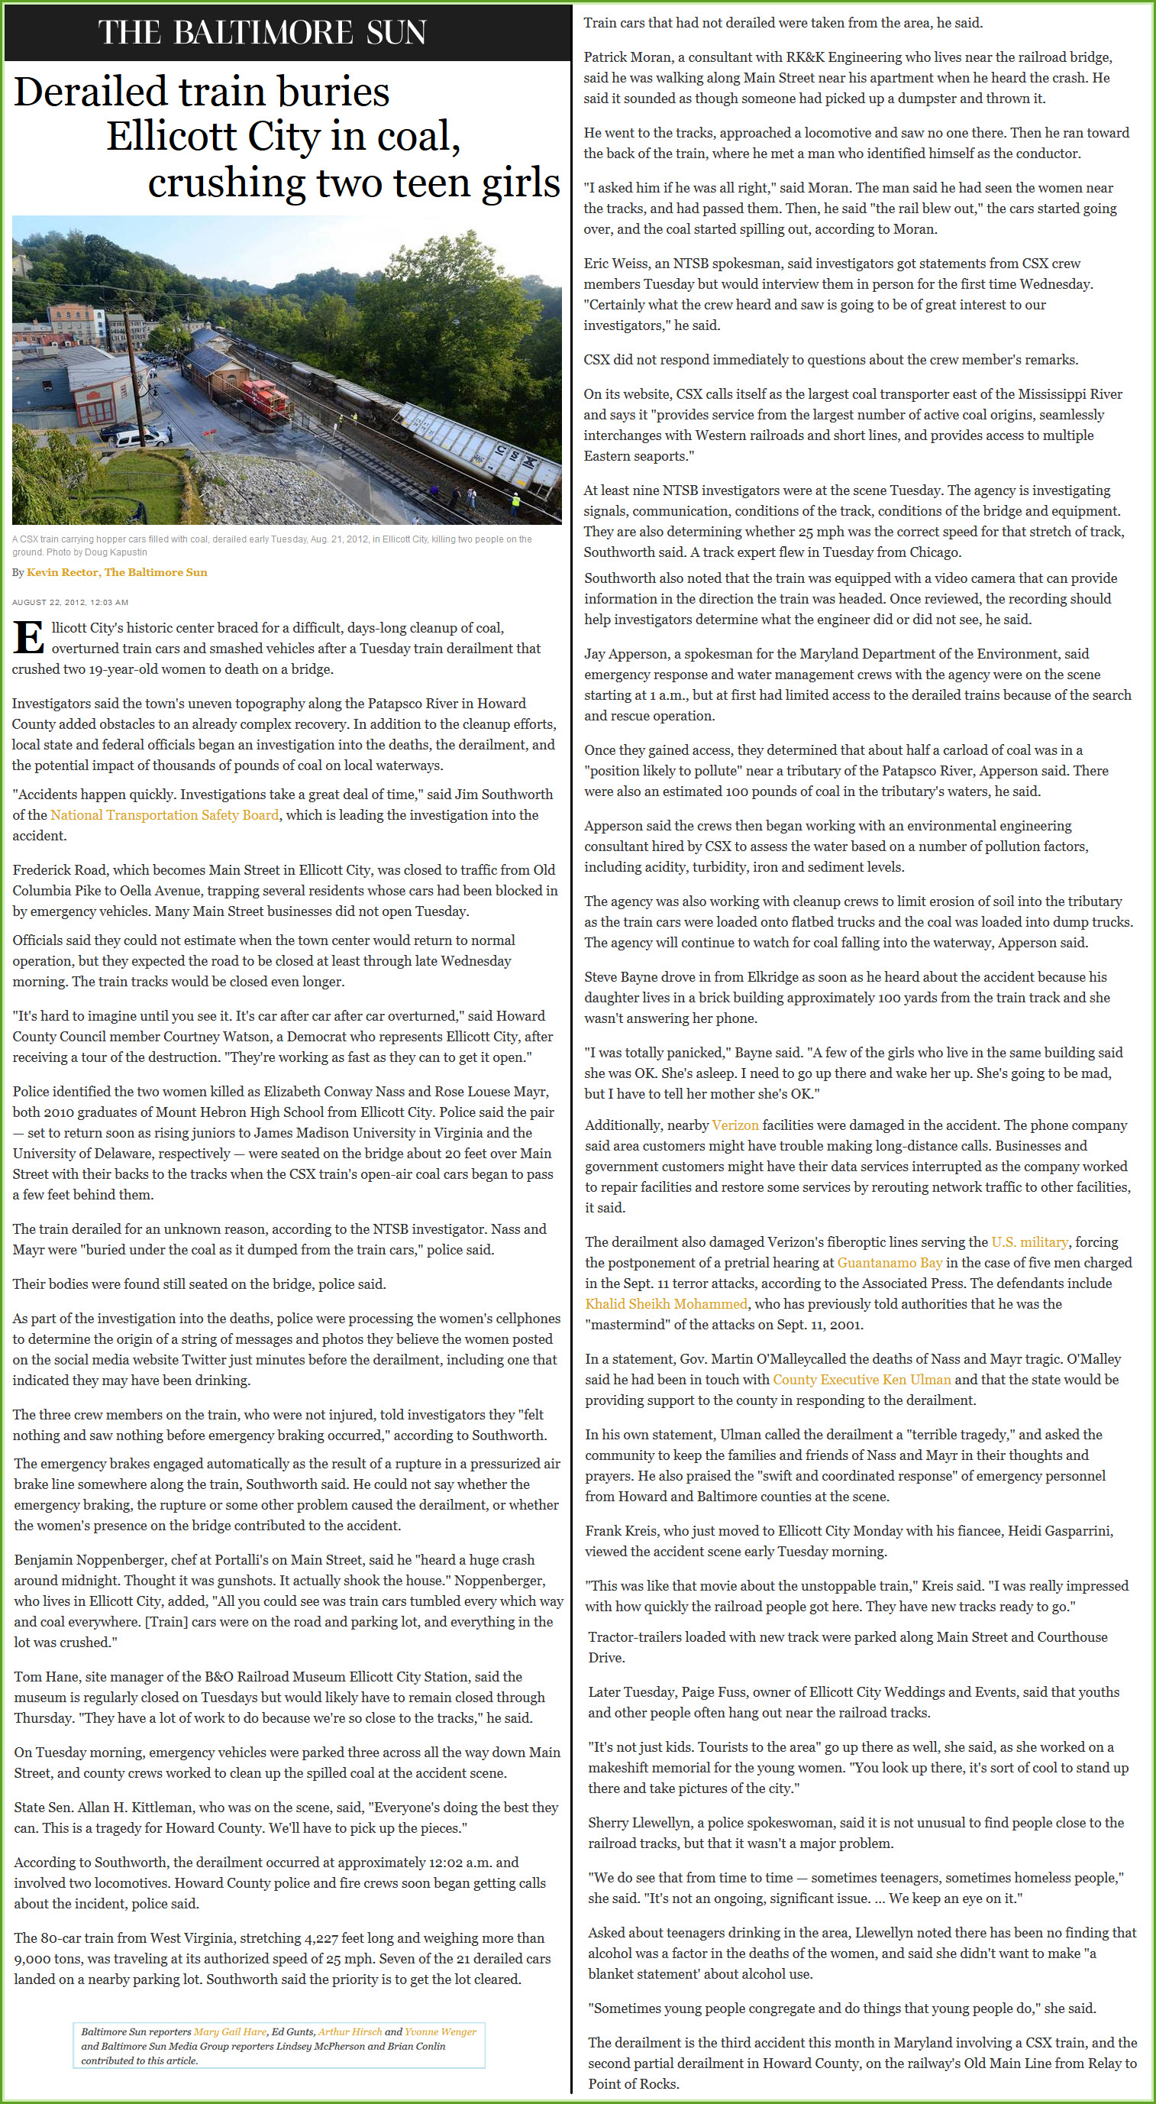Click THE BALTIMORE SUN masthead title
262,33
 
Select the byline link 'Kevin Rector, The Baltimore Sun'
117,572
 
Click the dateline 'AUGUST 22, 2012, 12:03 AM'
70,602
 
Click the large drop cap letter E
27,638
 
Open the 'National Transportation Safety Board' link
164,815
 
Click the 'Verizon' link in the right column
735,1125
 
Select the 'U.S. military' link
1028,1242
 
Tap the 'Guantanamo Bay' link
890,1263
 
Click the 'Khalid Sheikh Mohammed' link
666,1304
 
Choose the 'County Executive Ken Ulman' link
861,1380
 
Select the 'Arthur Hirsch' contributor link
350,2031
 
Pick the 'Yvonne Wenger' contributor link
440,2031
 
